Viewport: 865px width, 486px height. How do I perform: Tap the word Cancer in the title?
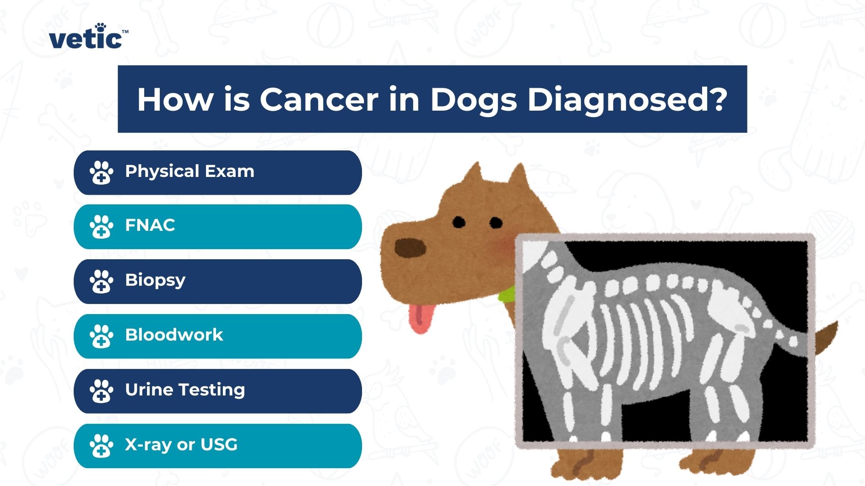pos(319,99)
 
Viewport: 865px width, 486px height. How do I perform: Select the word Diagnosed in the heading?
pos(627,99)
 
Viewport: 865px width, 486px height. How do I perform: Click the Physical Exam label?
pos(189,171)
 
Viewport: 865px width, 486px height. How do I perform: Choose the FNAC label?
pos(150,225)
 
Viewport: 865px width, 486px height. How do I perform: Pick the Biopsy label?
pos(155,280)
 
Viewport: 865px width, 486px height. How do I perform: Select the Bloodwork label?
pos(174,335)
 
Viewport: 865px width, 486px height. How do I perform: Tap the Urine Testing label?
pos(185,390)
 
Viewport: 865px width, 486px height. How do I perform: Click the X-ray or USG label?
pos(181,445)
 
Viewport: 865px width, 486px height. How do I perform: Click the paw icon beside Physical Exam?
pos(101,172)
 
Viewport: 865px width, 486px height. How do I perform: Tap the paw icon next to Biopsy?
pos(101,281)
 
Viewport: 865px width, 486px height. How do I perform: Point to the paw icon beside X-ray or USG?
pos(101,446)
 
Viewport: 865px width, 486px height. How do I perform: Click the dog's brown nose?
pos(410,248)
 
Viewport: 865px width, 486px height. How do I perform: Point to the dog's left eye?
pos(459,223)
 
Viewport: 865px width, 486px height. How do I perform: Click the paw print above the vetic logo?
pos(100,27)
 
